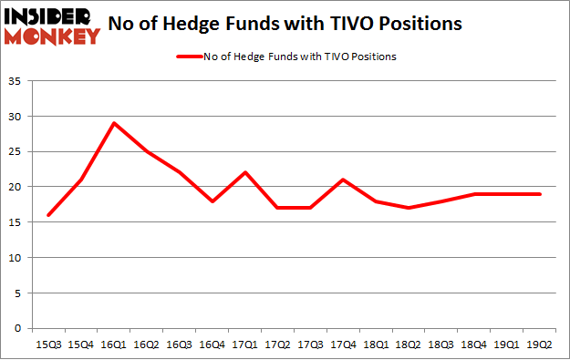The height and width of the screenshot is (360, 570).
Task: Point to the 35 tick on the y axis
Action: tap(18, 81)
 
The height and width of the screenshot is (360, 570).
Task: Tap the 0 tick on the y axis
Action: tap(21, 328)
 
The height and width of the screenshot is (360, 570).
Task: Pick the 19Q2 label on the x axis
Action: tap(540, 344)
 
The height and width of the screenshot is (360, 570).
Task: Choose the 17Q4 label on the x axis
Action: tap(342, 344)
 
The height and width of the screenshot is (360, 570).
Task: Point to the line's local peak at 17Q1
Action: tap(245, 172)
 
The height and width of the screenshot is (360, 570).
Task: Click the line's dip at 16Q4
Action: tap(212, 201)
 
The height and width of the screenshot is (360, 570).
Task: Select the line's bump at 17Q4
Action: tap(342, 180)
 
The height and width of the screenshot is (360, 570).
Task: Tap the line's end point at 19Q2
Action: tap(540, 194)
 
